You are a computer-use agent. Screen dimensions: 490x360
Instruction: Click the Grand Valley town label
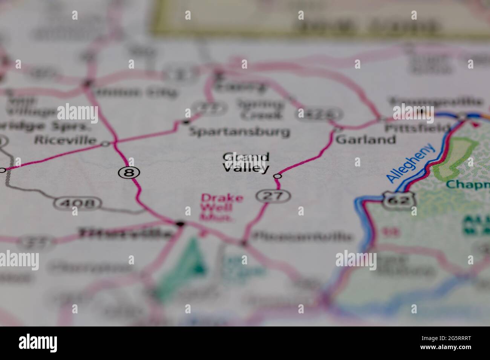246,162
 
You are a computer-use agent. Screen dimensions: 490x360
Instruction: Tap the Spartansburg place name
239,132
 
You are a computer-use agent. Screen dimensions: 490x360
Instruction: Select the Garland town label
366,140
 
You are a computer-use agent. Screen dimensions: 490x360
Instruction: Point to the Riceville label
65,140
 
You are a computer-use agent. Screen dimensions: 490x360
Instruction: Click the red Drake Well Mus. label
216,207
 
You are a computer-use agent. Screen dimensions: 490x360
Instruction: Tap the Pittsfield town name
417,128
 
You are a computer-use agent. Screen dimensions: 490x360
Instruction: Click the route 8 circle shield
129,173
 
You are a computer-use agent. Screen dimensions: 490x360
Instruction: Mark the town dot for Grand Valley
277,176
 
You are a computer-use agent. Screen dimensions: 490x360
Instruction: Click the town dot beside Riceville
105,143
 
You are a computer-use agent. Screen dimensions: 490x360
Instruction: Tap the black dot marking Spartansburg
185,122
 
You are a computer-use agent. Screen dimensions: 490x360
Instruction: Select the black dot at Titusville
181,224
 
